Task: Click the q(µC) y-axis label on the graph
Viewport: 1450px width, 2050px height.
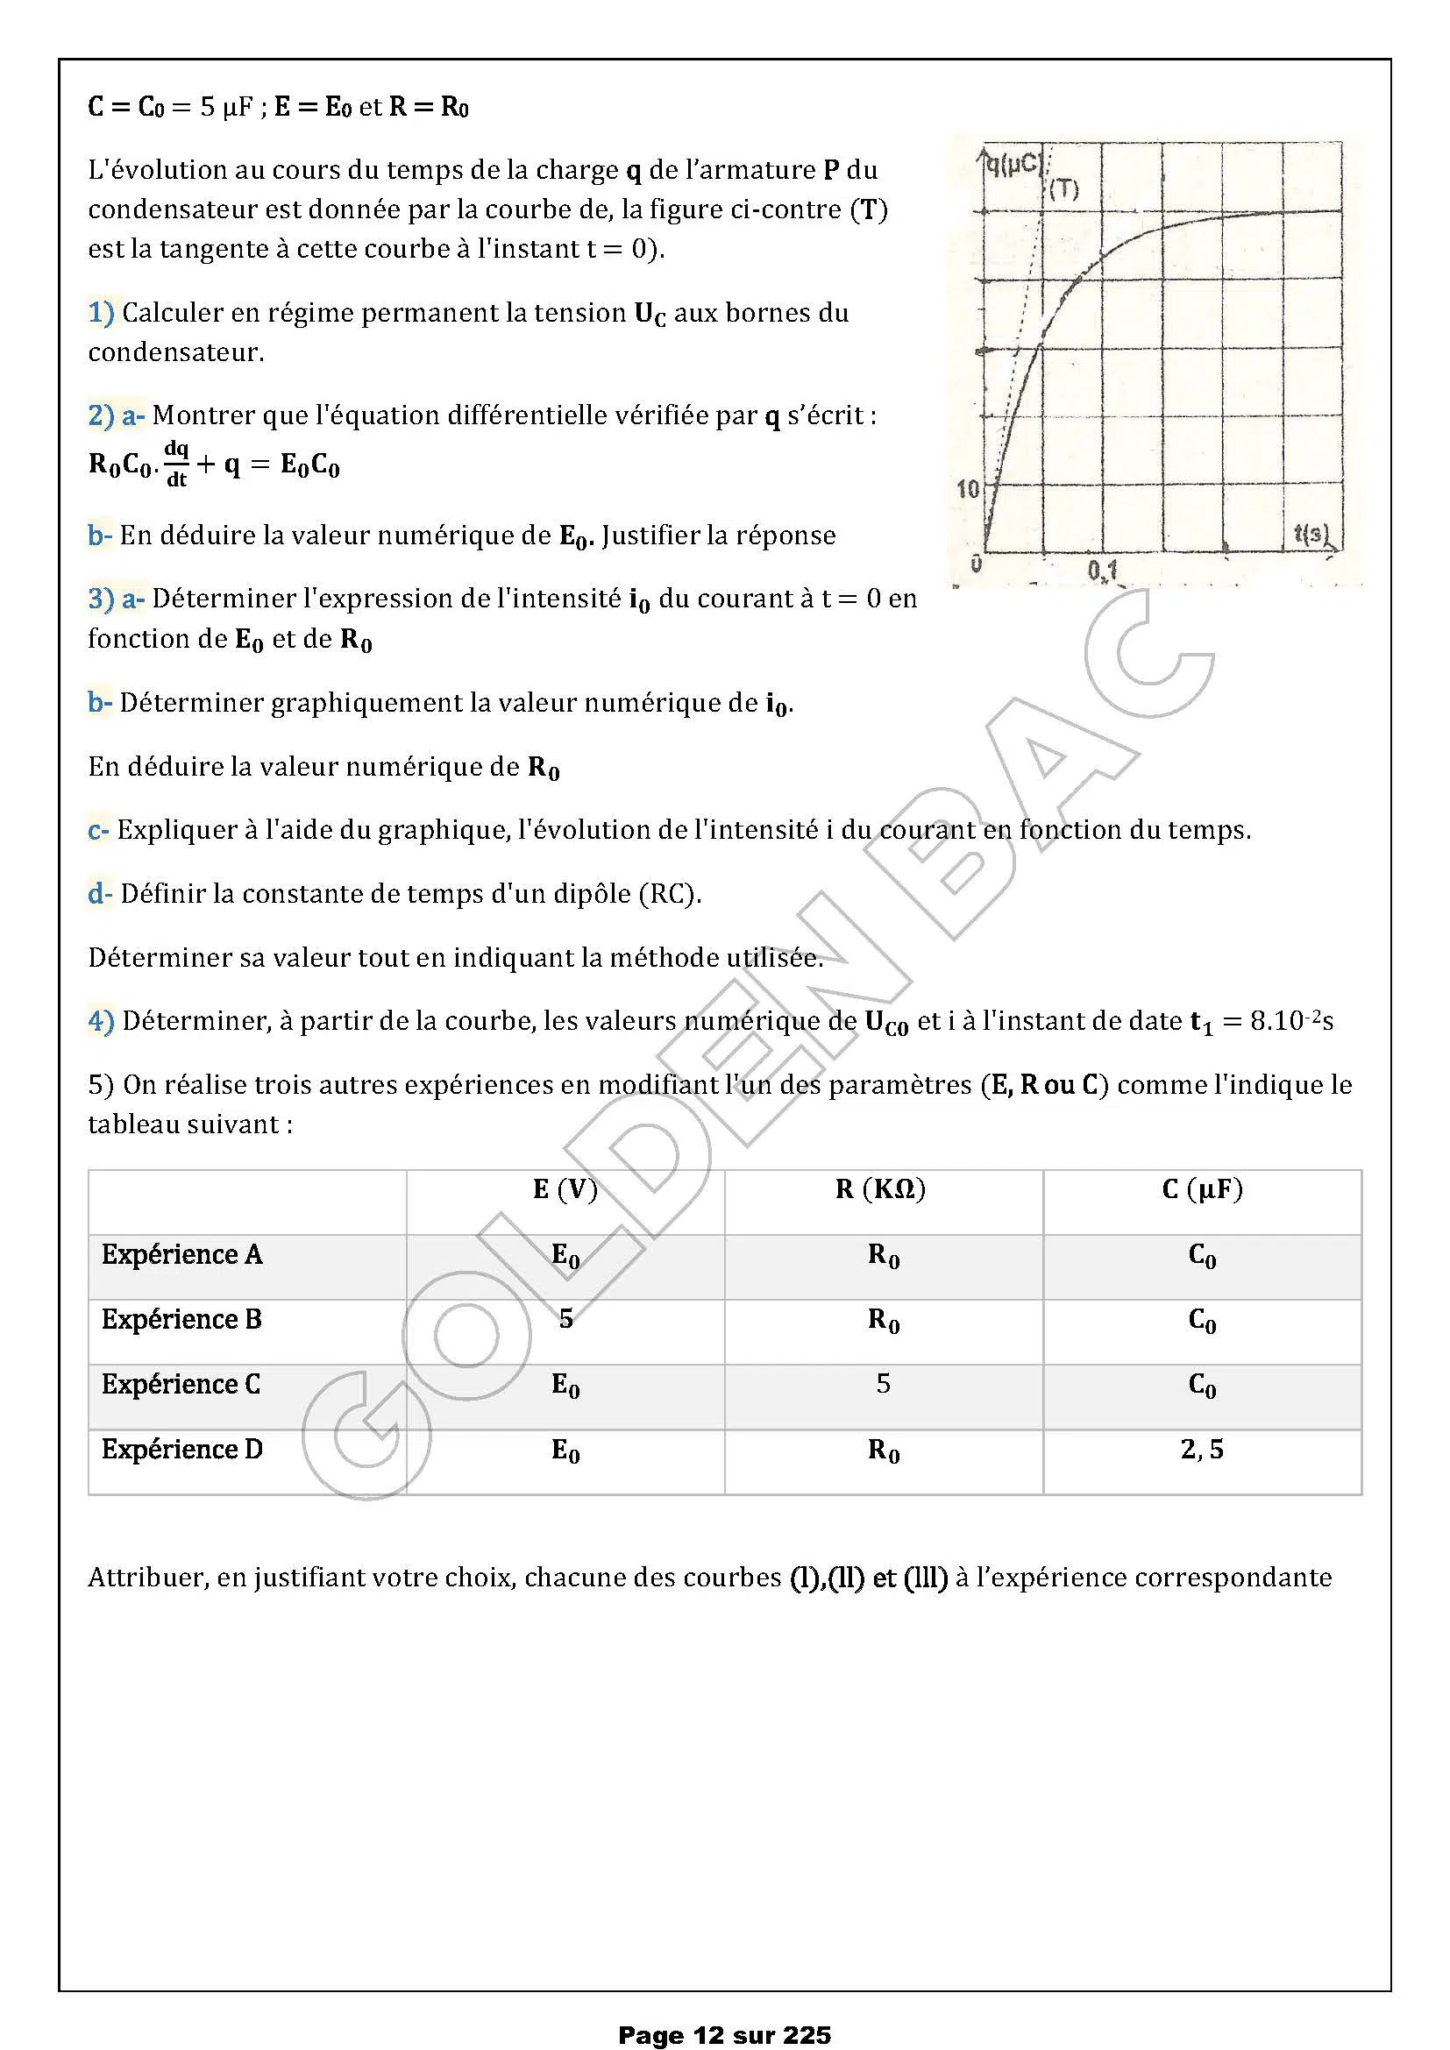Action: coord(1013,164)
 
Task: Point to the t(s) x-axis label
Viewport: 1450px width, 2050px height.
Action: coord(1311,534)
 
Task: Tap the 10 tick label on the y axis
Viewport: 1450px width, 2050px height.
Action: coord(968,488)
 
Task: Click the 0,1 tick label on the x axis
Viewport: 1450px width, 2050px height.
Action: coord(1103,570)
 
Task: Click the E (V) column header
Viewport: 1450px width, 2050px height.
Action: coord(565,1189)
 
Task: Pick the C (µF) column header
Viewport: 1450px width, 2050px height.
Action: coord(1202,1189)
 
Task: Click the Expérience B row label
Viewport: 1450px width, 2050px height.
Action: coord(181,1319)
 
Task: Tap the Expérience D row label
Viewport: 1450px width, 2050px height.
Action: coord(181,1448)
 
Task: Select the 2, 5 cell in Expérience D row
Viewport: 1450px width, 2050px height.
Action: coord(1202,1448)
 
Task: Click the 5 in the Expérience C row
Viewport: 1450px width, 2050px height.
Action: coord(882,1383)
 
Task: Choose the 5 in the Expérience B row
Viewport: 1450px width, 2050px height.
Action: coord(565,1319)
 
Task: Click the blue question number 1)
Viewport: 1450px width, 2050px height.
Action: coord(101,313)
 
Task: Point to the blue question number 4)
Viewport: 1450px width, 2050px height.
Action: coord(101,1020)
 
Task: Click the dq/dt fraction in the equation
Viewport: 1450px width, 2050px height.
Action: coord(176,464)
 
